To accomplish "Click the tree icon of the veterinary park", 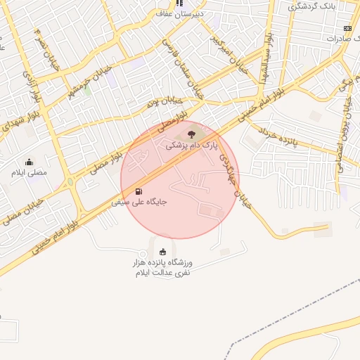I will click(189, 133).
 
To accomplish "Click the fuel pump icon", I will click(139, 191).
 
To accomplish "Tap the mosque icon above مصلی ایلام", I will click(29, 162).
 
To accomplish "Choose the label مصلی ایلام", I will click(29, 172).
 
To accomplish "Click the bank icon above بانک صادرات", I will click(347, 28).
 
